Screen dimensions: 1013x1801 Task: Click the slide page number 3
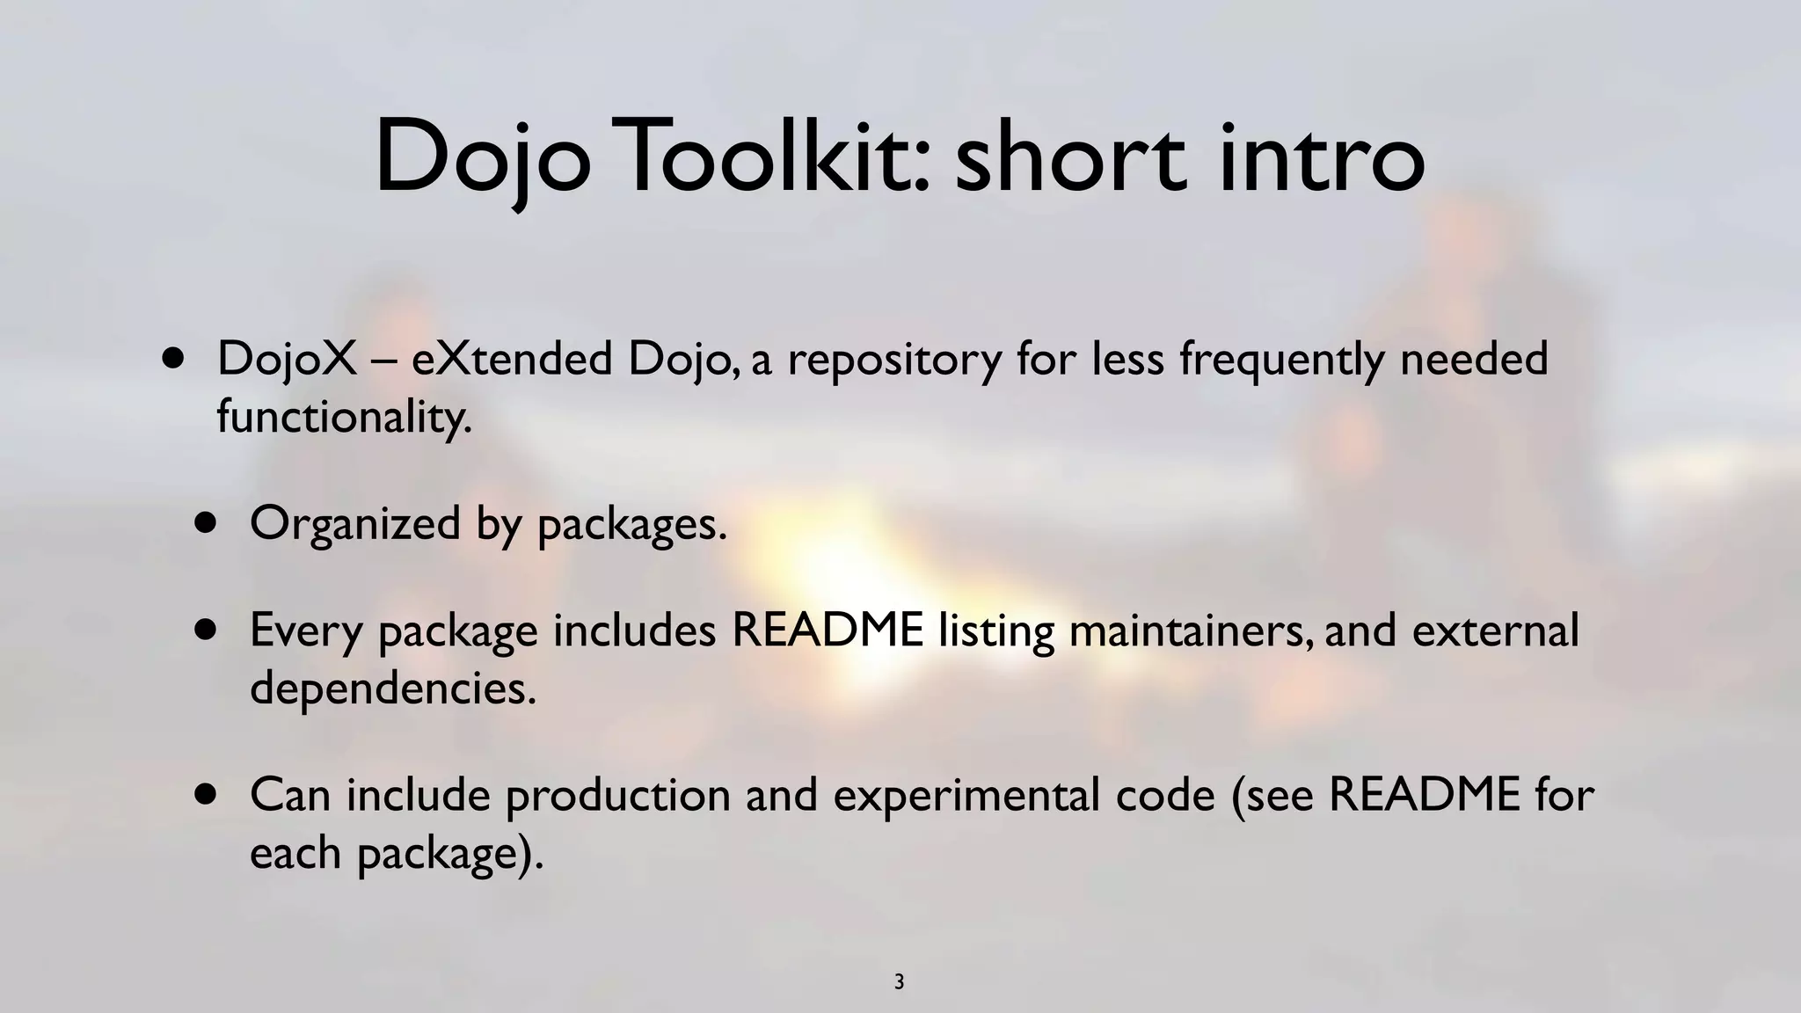[899, 982]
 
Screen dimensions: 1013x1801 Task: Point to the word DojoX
[287, 359]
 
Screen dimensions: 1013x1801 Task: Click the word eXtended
[511, 359]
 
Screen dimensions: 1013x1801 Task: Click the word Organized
[355, 525]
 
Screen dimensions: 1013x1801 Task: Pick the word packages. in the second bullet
[632, 525]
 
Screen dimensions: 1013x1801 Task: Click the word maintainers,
[1191, 631]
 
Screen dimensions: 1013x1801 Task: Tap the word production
[618, 796]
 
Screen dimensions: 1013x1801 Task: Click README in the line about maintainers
[828, 630]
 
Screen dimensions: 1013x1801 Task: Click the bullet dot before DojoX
[174, 359]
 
